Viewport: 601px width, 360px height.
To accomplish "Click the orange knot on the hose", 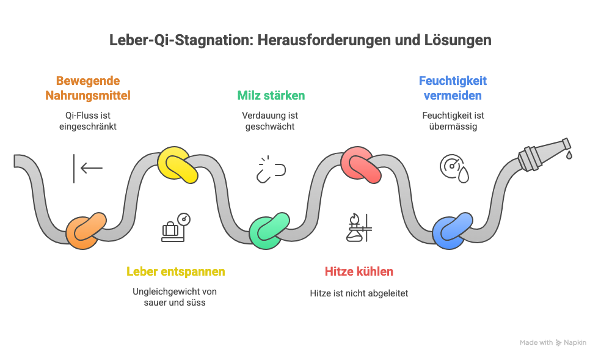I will [x=86, y=230].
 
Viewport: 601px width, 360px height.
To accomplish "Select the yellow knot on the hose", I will [x=178, y=164].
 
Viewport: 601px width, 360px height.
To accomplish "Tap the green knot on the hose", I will [x=269, y=231].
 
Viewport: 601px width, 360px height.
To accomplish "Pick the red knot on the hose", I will [x=360, y=164].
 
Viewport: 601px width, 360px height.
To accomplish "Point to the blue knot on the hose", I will [x=452, y=230].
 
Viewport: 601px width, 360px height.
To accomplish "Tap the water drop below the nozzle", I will [x=569, y=155].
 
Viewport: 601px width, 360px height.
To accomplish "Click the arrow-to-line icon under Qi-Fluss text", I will [x=87, y=168].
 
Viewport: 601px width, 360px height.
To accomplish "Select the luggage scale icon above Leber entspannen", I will [x=176, y=227].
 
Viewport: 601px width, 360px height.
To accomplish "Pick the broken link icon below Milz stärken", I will [x=271, y=169].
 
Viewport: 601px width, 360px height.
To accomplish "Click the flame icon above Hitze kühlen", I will [x=359, y=227].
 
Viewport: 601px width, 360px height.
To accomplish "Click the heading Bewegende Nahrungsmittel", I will [x=87, y=88].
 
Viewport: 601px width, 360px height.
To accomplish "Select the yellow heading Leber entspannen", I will [x=176, y=271].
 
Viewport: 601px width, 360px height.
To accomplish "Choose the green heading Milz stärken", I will [x=271, y=95].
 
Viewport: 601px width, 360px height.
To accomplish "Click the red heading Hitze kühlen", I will [x=359, y=271].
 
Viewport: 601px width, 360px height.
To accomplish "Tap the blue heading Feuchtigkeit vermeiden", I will [x=453, y=88].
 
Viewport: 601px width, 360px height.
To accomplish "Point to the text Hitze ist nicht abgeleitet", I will [x=359, y=293].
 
